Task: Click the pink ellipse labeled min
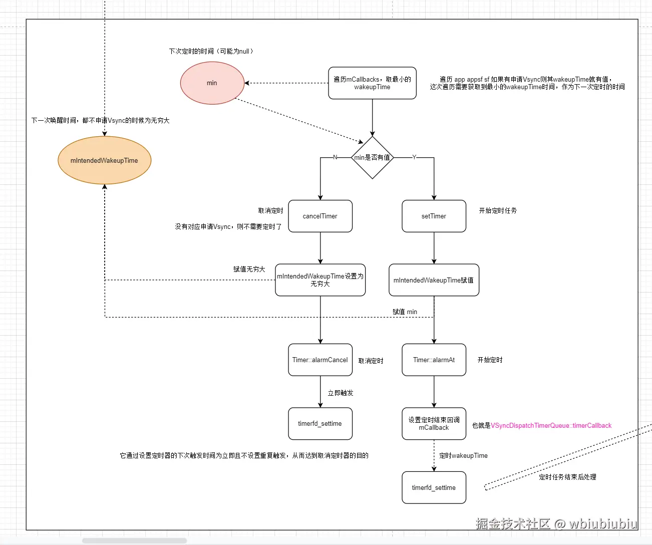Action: [x=212, y=83]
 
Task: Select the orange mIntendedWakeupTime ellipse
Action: [x=104, y=160]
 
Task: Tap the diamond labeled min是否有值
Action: [x=372, y=157]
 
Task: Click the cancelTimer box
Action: [x=320, y=216]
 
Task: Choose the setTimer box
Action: [x=434, y=216]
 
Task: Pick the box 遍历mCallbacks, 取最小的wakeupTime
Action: [x=372, y=83]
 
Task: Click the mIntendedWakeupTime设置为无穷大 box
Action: [x=320, y=280]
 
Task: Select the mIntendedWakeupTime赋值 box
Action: [x=434, y=280]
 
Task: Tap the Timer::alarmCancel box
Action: [x=320, y=360]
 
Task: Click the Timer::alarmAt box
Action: [x=434, y=360]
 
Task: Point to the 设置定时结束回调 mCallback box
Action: [x=434, y=424]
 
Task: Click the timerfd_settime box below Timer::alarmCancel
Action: [x=320, y=424]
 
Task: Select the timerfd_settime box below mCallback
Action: [x=434, y=487]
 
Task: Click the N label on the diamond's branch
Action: [x=335, y=157]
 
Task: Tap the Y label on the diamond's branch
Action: [x=414, y=157]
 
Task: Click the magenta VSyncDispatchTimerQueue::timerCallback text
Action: [x=551, y=426]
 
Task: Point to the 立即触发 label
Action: [x=341, y=393]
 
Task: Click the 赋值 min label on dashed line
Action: [x=405, y=312]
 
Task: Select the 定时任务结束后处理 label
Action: [x=567, y=477]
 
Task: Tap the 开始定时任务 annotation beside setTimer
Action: [x=498, y=211]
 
